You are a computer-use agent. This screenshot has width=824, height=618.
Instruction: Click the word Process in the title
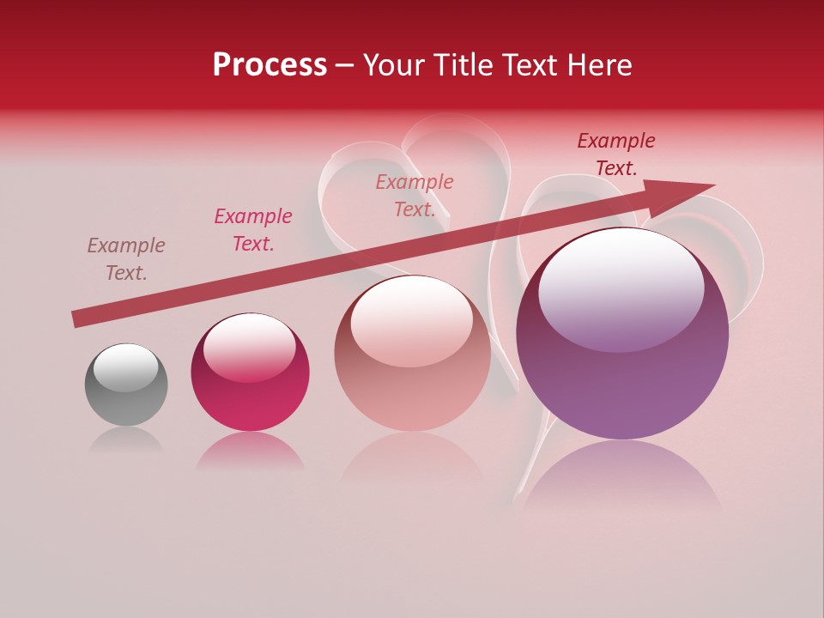click(x=270, y=65)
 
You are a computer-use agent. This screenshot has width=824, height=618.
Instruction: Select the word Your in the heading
click(x=394, y=65)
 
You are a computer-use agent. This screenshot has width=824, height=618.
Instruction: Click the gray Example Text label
click(x=126, y=259)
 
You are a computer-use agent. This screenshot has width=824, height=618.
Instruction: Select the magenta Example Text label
click(x=253, y=230)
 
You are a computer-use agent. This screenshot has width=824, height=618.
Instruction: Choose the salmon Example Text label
click(x=415, y=196)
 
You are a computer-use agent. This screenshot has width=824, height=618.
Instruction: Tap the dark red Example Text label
click(x=616, y=154)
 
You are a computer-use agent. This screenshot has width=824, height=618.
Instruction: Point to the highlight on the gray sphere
click(x=126, y=367)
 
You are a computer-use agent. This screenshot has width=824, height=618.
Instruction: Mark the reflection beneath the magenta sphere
click(x=250, y=451)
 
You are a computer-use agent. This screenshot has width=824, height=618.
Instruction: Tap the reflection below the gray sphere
click(x=126, y=440)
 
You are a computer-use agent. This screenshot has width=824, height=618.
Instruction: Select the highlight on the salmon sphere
click(x=412, y=319)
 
